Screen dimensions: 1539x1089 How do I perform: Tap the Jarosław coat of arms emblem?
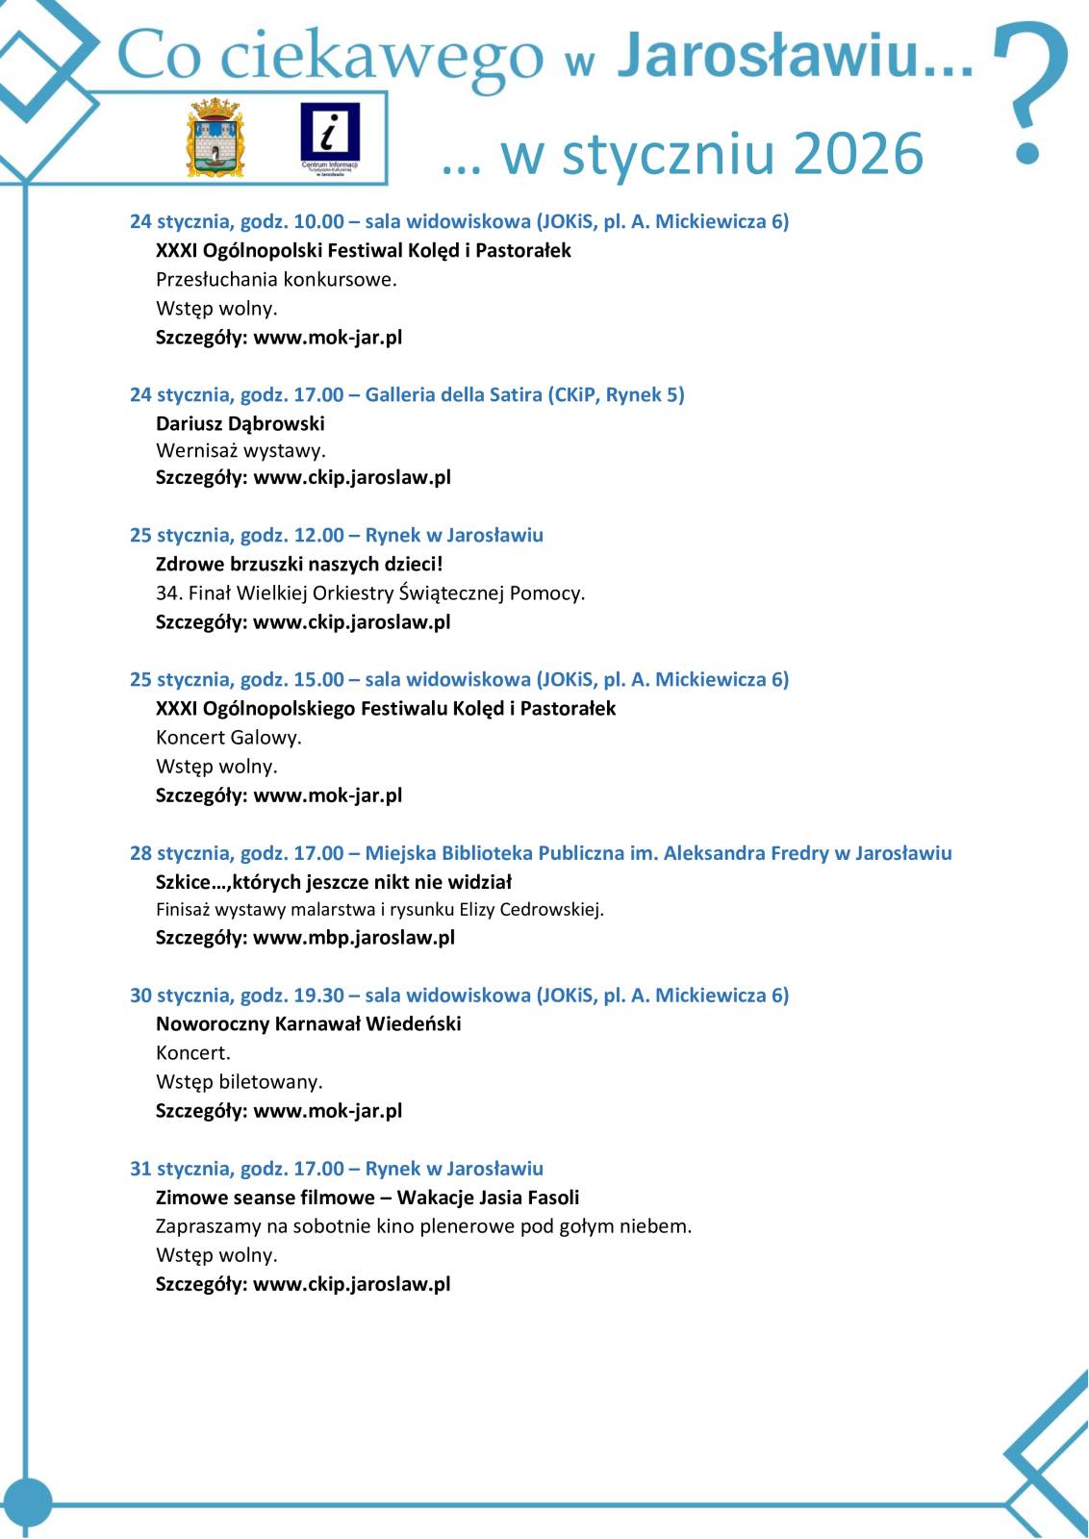point(216,138)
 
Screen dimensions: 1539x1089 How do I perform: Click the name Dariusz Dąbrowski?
point(241,423)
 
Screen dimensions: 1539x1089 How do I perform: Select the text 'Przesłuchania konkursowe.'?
point(276,280)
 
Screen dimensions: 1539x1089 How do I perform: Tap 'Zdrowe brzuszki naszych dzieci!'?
point(299,564)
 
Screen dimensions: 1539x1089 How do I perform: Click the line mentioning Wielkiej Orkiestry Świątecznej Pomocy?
point(370,593)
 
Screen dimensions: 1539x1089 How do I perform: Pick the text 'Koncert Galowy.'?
point(229,738)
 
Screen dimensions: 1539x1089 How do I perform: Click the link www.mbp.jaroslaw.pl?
point(353,938)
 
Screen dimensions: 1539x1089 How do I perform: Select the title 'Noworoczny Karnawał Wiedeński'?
point(309,1024)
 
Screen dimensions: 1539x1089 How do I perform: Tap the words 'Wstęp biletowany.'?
point(240,1082)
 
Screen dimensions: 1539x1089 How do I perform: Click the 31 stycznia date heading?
point(337,1169)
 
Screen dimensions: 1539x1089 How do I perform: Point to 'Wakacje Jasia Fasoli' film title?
point(488,1198)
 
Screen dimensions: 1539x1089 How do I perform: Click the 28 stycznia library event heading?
point(541,853)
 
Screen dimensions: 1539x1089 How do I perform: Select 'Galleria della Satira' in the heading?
point(453,394)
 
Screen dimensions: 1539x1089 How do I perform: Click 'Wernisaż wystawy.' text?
point(241,450)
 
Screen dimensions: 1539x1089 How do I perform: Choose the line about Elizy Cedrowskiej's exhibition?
point(380,910)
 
